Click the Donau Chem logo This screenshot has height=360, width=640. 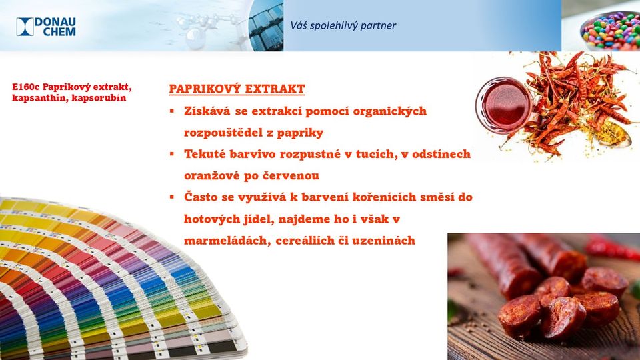[x=46, y=27]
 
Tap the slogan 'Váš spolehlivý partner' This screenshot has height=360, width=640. [x=343, y=25]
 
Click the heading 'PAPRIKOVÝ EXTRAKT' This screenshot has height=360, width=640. [x=237, y=89]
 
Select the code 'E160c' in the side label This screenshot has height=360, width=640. [x=26, y=87]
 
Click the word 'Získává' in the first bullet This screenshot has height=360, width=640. [x=207, y=111]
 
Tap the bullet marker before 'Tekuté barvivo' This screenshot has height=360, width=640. [x=172, y=154]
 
